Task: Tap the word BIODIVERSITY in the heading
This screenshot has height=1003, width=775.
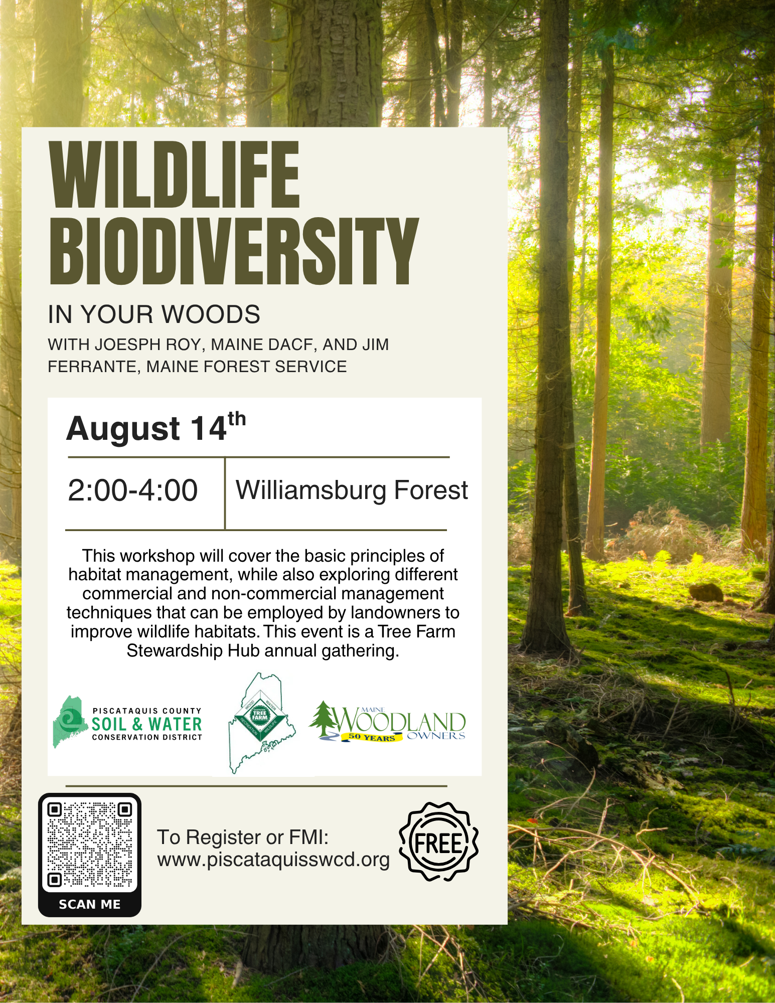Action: [234, 251]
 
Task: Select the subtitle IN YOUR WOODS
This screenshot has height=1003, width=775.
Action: [154, 314]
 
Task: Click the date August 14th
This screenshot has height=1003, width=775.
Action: [156, 427]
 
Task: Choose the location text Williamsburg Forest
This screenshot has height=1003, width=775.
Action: [352, 490]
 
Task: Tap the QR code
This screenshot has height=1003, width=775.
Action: [90, 845]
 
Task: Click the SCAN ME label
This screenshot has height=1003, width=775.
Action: [90, 904]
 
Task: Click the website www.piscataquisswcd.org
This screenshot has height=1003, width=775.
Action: [273, 860]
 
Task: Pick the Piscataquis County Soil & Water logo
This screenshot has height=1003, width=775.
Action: [127, 722]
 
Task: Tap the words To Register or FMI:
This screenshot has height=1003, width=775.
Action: [243, 837]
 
